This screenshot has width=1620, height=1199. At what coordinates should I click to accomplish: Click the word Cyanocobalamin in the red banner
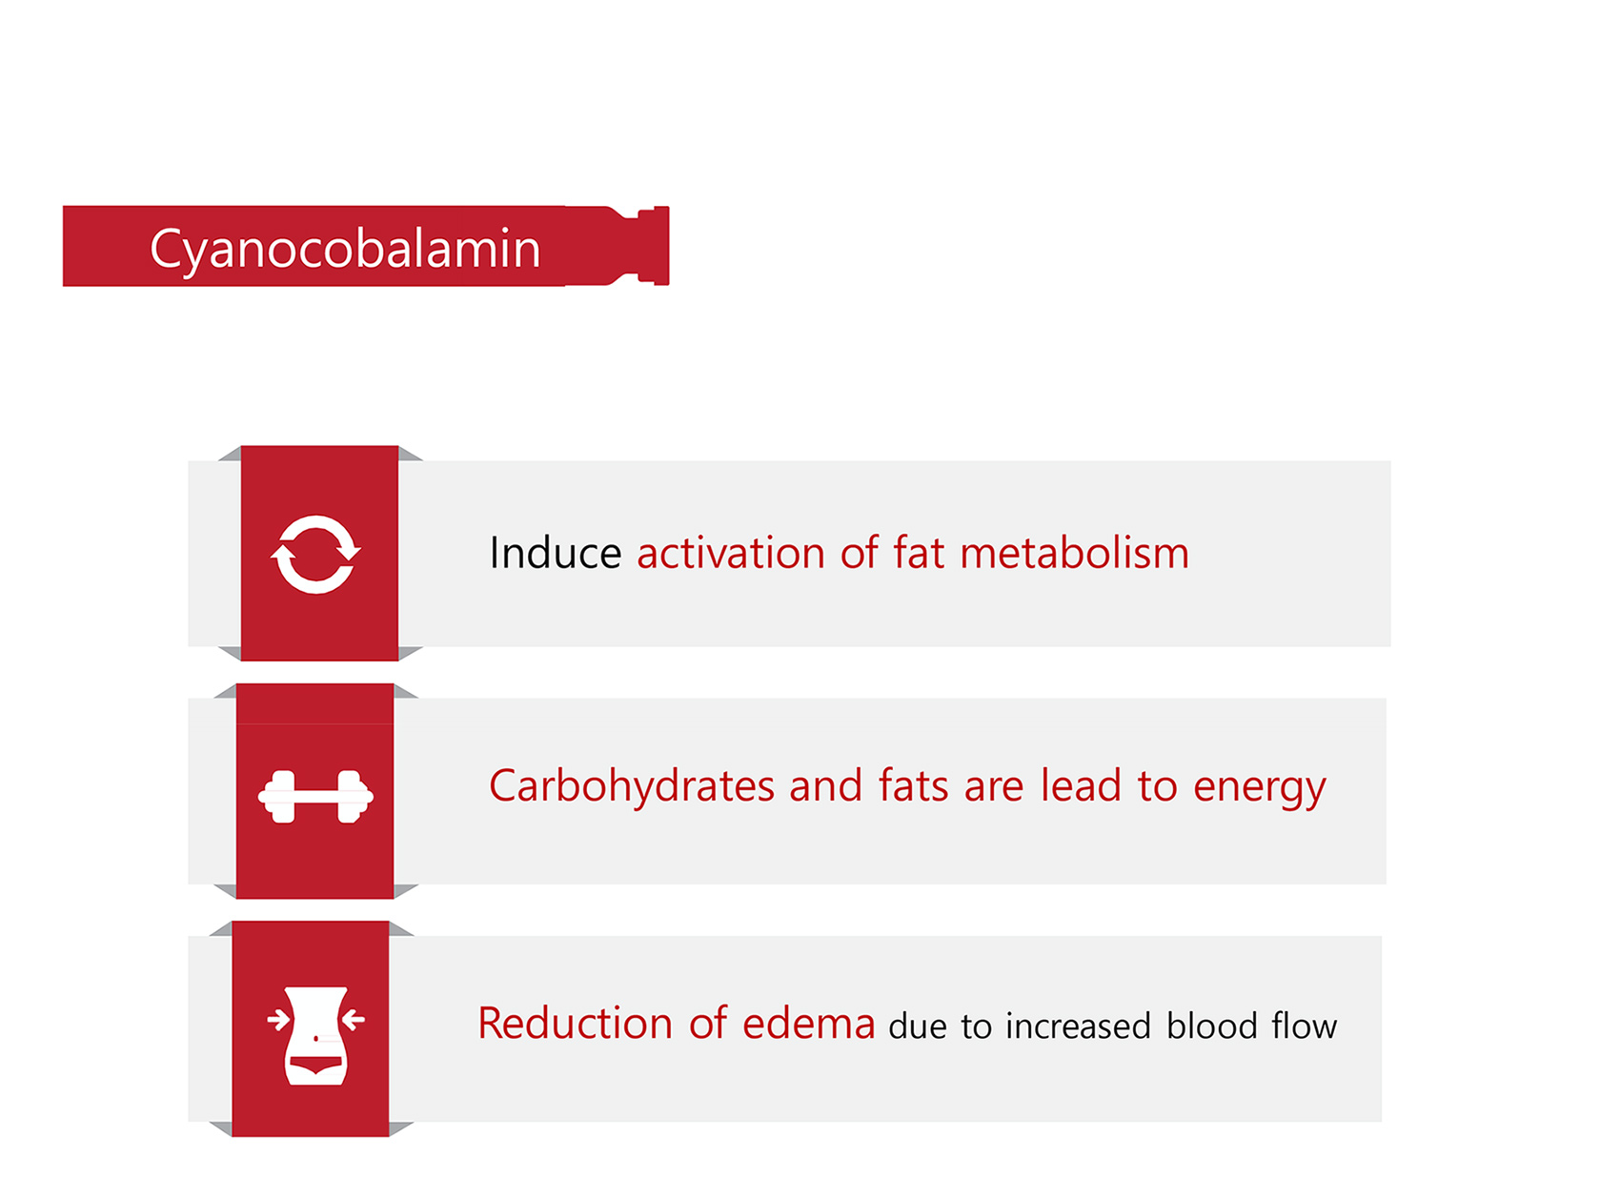[x=345, y=250]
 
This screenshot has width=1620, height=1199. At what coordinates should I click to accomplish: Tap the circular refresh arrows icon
[x=315, y=554]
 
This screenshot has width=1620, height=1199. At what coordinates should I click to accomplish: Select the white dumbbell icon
[x=315, y=796]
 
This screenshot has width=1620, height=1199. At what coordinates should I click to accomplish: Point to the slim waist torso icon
[x=315, y=1036]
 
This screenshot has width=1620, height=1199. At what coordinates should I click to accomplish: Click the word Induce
[x=556, y=553]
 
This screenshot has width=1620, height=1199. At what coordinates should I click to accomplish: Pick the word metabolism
[x=1074, y=553]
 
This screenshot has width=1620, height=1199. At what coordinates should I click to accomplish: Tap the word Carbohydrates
[x=632, y=787]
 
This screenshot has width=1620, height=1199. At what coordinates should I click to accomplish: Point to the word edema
[x=808, y=1024]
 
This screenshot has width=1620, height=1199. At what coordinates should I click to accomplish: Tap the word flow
[x=1305, y=1026]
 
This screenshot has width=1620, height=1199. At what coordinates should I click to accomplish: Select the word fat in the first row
[x=919, y=553]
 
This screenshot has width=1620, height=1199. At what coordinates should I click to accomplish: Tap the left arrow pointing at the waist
[x=278, y=1021]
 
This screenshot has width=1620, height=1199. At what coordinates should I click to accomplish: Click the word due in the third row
[x=918, y=1026]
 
